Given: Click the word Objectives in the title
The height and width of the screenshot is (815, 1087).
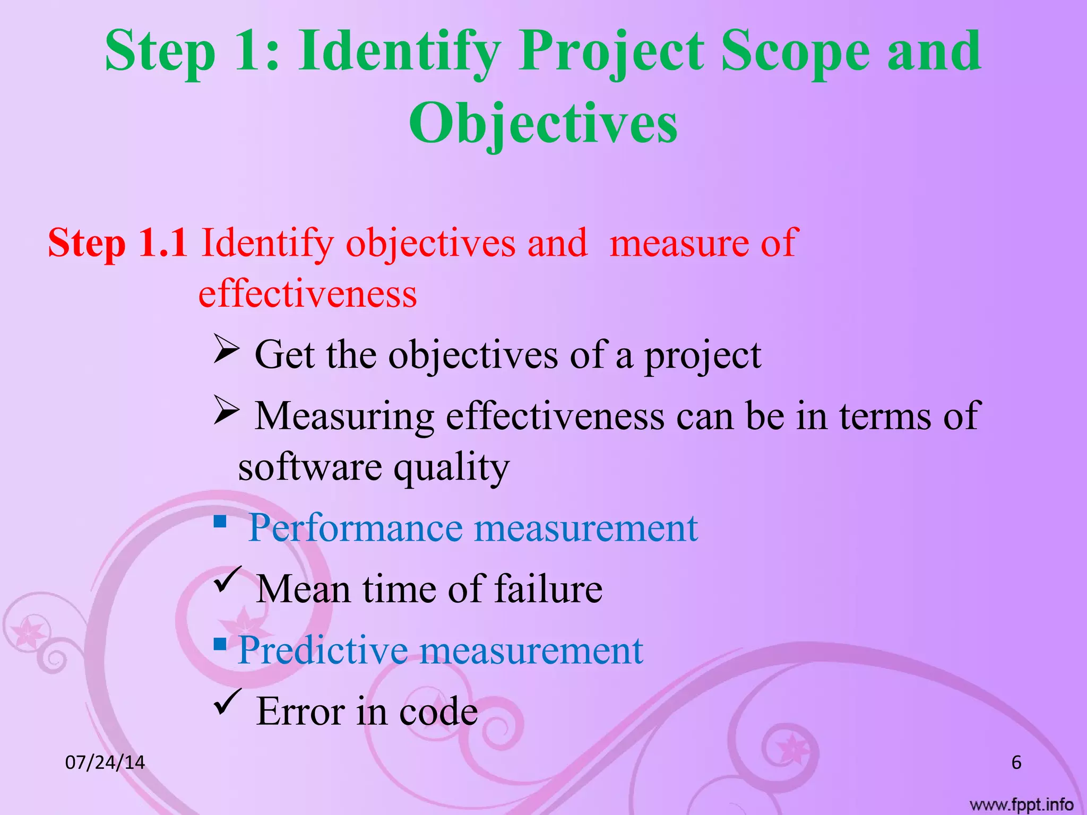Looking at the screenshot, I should pyautogui.click(x=543, y=123).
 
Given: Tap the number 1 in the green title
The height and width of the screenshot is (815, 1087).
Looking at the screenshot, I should pyautogui.click(x=249, y=51).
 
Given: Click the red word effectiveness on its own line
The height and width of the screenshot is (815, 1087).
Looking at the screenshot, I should pyautogui.click(x=307, y=294).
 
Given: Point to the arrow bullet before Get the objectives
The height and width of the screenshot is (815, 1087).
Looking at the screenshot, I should pyautogui.click(x=227, y=349).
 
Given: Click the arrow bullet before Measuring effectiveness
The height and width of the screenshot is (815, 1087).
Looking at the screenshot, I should pyautogui.click(x=227, y=410).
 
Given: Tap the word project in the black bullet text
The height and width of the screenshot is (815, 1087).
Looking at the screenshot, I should pyautogui.click(x=702, y=355).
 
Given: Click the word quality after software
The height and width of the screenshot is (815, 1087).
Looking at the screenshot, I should pyautogui.click(x=451, y=467).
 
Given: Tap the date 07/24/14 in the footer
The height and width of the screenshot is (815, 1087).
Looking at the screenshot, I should pyautogui.click(x=105, y=762).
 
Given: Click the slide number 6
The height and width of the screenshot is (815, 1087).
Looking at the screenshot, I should pyautogui.click(x=1016, y=762).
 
